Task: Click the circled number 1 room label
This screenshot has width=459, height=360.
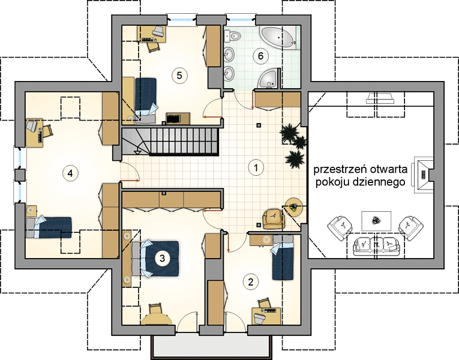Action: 256,168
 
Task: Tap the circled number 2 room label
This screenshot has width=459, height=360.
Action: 251,281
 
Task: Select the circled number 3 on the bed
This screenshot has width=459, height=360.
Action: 162,258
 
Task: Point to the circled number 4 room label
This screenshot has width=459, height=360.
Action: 70,173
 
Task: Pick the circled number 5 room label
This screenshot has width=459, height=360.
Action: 179,76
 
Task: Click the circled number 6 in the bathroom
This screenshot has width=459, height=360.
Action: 261,56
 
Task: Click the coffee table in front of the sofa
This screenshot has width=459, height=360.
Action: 376,221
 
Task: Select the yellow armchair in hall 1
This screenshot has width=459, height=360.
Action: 274,218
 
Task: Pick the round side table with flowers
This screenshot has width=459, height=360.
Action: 293,207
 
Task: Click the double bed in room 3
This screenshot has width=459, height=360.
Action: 155,259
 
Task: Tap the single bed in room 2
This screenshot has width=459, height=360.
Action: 283,257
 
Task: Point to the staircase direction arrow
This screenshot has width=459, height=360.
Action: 137,152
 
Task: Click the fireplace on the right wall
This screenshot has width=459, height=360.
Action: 422,175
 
